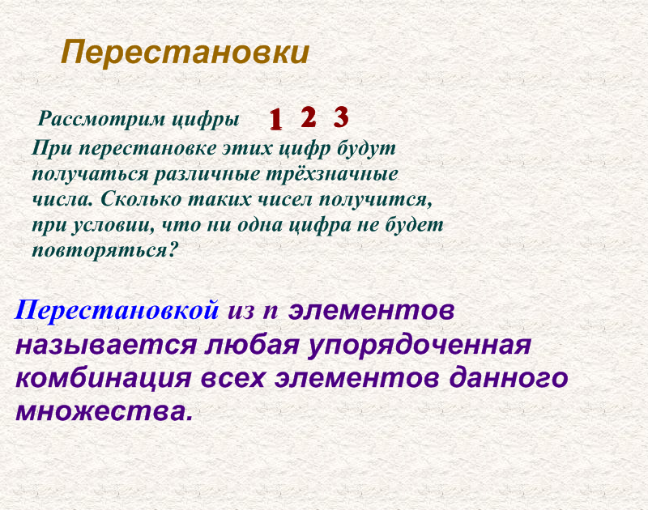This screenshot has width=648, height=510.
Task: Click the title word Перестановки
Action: coord(185,53)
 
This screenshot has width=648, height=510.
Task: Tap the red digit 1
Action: coord(275,120)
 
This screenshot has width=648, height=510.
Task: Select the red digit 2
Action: coord(308,117)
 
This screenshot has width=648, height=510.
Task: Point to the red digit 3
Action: coord(341,117)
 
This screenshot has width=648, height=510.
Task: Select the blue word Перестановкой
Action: coord(117,309)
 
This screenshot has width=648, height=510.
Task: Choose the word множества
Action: coord(104,411)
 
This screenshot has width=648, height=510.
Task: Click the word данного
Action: coord(501,379)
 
